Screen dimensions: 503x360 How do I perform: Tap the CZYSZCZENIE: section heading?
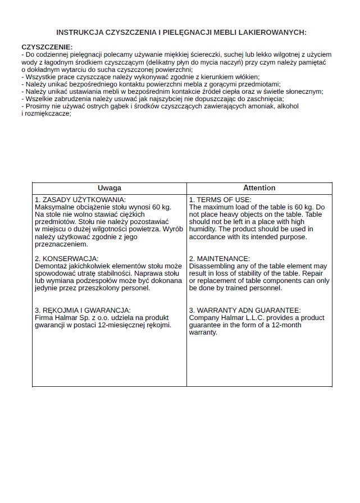coord(47,47)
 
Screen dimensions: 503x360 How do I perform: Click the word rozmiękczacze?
coord(47,113)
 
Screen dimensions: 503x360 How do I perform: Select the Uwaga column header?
coord(109,188)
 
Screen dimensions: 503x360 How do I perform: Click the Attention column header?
coord(259,188)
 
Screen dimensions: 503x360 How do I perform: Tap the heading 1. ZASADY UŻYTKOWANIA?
coord(80,200)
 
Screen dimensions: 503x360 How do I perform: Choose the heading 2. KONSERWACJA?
coord(67,258)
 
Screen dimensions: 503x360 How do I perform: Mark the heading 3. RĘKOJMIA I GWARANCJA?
coord(83,310)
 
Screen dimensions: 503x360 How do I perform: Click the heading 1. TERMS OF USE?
coord(220,200)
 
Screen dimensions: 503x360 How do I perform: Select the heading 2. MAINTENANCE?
coord(219,258)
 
